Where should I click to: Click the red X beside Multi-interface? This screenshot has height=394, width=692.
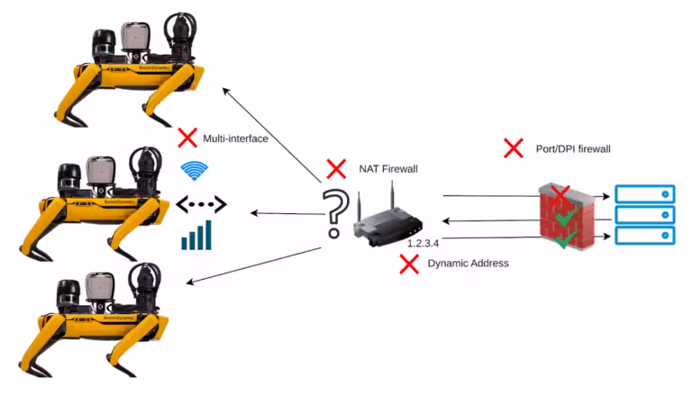(187, 138)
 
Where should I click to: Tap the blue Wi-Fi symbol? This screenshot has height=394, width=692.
(195, 171)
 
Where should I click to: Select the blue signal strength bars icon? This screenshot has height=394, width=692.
(196, 236)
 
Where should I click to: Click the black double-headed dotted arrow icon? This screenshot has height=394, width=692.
(201, 204)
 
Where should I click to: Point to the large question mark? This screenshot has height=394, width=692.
(334, 213)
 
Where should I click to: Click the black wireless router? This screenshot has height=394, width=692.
(387, 221)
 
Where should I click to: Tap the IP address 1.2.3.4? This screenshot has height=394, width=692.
(423, 243)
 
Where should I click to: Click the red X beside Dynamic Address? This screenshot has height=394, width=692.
(409, 264)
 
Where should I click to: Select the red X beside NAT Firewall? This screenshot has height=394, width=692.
(336, 169)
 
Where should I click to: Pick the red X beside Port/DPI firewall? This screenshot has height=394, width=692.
(514, 148)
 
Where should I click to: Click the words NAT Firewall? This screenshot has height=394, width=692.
(388, 169)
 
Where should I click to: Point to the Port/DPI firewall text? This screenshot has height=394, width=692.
(573, 149)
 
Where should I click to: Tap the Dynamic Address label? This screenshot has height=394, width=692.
(468, 263)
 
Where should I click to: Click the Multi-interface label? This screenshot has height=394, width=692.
(236, 139)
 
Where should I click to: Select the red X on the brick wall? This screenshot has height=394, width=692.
(560, 195)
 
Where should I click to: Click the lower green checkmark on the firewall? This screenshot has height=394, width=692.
(566, 238)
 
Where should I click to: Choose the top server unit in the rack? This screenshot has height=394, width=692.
(645, 194)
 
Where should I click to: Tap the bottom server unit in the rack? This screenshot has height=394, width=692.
(645, 236)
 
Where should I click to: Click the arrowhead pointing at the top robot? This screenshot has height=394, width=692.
(225, 90)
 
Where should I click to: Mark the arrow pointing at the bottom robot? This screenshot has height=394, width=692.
(253, 264)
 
